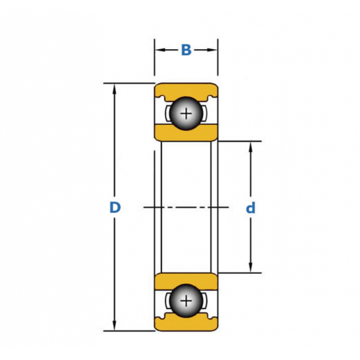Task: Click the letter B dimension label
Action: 186,50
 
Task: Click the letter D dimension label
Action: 115,208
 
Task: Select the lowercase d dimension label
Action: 251,208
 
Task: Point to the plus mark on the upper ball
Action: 187,113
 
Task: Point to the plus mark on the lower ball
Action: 187,300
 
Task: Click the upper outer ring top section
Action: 186,89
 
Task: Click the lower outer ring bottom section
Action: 186,324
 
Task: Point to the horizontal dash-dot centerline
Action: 186,208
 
